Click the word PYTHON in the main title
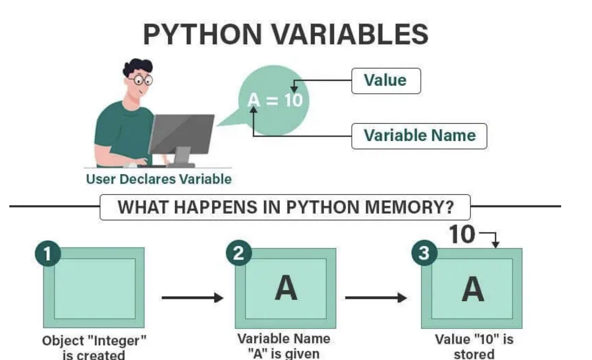coord(202,34)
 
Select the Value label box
coord(386,81)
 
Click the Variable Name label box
coord(419,136)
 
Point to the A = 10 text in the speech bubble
coord(275,100)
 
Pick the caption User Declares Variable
coord(159,179)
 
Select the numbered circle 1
coord(48,253)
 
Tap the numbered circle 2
coord(239,253)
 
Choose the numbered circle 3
coord(424,253)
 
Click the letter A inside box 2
coord(286,288)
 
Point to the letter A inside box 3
coord(473,289)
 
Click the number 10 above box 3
coord(462,235)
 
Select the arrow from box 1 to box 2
coord(192,298)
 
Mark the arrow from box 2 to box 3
coord(375,298)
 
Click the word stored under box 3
coord(474,354)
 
